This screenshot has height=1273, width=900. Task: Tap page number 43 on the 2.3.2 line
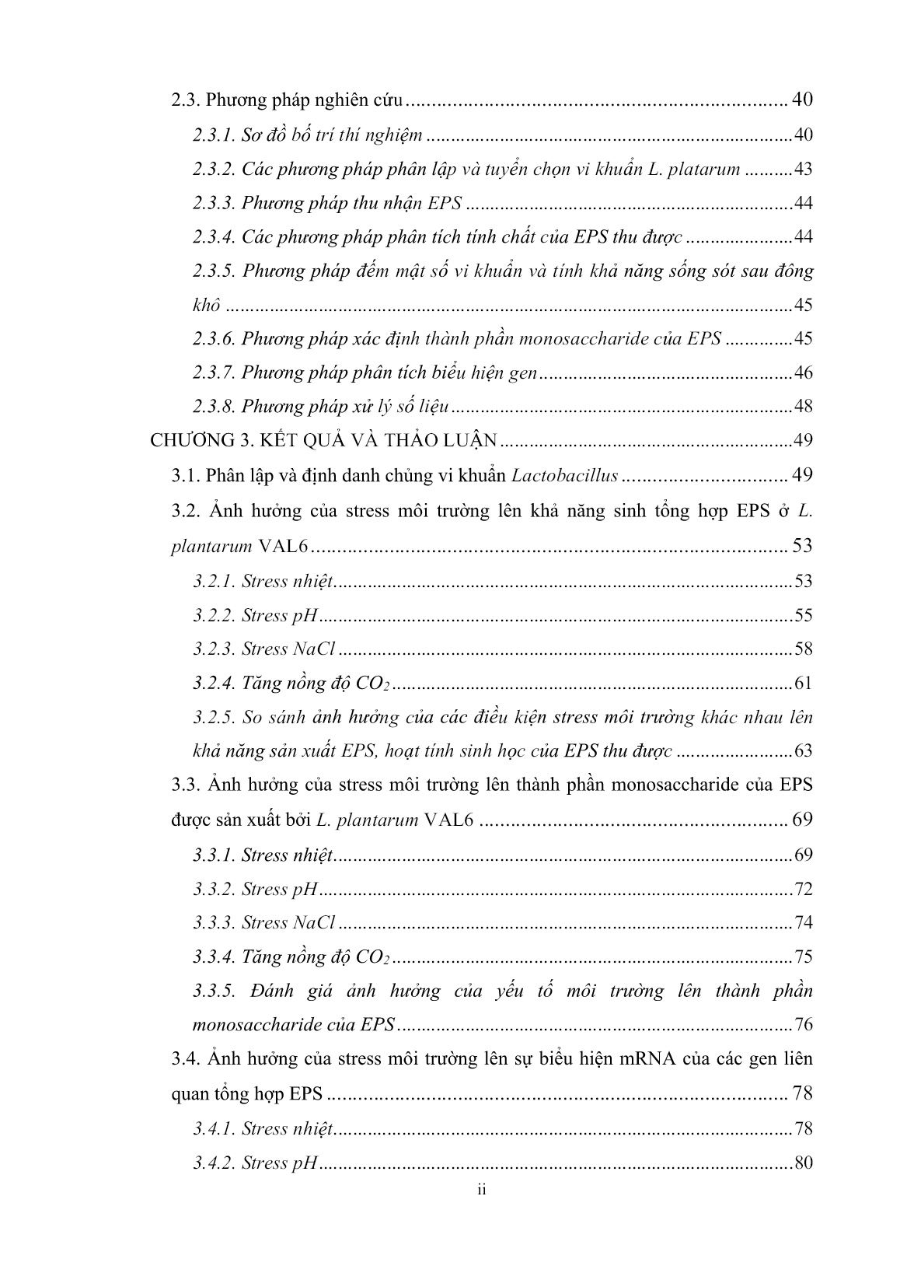coord(802,169)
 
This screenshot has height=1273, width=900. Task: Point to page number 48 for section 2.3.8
coord(802,406)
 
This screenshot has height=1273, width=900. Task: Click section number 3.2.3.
coord(214,649)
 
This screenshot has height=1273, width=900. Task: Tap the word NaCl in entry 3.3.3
coord(313,922)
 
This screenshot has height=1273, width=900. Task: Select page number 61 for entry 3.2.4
coord(802,683)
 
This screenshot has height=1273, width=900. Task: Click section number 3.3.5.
coord(214,991)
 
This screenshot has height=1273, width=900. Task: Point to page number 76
coord(802,1024)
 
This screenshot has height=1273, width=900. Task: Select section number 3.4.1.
coord(214,1128)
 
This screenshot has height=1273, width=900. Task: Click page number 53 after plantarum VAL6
coord(802,545)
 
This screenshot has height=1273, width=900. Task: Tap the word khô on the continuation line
coord(207,305)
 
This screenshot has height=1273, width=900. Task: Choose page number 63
coord(802,751)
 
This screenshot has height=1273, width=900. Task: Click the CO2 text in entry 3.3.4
coord(373,957)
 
